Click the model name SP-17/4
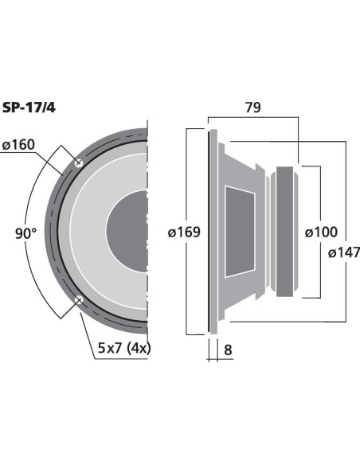tap(29, 107)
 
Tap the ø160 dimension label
tap(18, 145)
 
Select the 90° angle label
tap(26, 233)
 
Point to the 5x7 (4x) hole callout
tap(124, 348)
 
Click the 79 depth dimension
tap(253, 107)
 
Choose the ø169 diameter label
tap(184, 232)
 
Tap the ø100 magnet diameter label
tap(321, 232)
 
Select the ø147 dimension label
tap(344, 252)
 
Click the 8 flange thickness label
tap(228, 350)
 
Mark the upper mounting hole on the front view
tap(79, 162)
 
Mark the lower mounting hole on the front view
tap(79, 300)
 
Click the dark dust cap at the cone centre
tap(127, 232)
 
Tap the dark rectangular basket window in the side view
tap(240, 232)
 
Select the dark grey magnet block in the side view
tap(284, 232)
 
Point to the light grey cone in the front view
tap(89, 232)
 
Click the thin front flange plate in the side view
tap(213, 232)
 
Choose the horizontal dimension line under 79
tap(253, 117)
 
